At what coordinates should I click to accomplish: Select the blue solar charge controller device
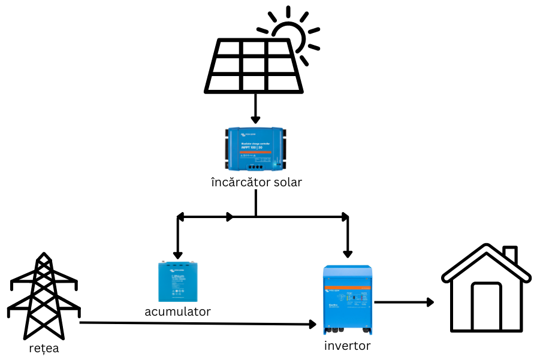click(x=255, y=149)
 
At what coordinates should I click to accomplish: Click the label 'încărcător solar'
click(x=256, y=182)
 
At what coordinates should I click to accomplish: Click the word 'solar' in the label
click(x=285, y=182)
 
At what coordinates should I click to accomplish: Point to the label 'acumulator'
click(x=177, y=311)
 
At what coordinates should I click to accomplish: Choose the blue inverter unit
click(x=348, y=300)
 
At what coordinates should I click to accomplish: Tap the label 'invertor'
click(x=347, y=346)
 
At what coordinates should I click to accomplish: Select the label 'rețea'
click(x=44, y=348)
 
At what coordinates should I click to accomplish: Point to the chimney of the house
click(x=510, y=255)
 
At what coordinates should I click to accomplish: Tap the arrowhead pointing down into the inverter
click(x=347, y=252)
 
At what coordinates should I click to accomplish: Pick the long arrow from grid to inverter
click(x=198, y=324)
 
